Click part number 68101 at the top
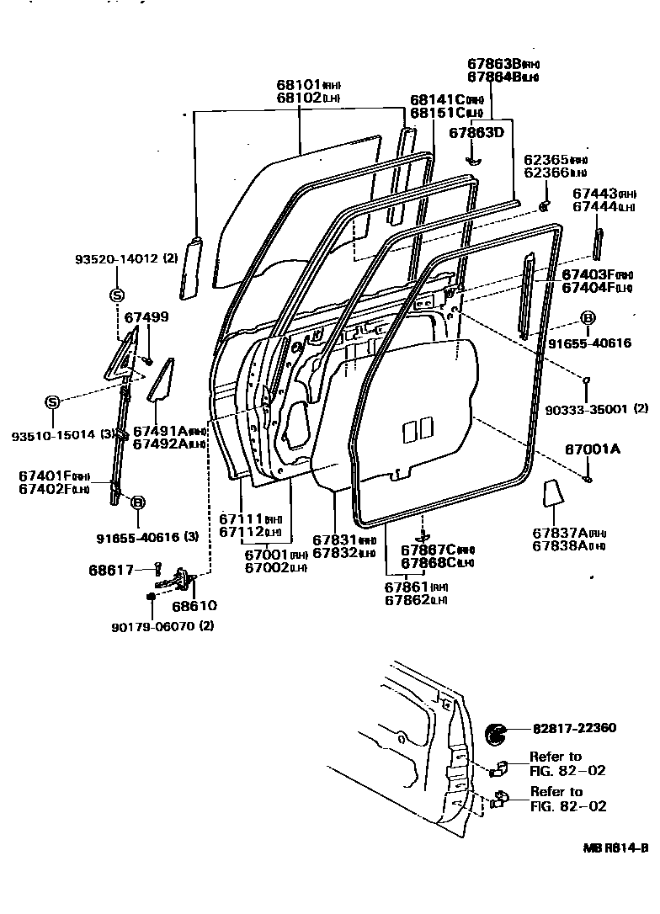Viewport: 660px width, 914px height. pyautogui.click(x=299, y=85)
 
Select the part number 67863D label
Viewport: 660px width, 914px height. pyautogui.click(x=476, y=132)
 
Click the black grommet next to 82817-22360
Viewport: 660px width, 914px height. pyautogui.click(x=498, y=734)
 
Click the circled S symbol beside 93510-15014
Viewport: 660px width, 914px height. pyautogui.click(x=52, y=401)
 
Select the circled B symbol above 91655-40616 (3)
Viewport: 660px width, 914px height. pyautogui.click(x=137, y=502)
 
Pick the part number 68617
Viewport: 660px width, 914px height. pyautogui.click(x=111, y=570)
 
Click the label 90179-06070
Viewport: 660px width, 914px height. pyautogui.click(x=152, y=625)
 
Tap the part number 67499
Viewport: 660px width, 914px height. pyautogui.click(x=146, y=317)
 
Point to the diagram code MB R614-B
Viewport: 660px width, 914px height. pyautogui.click(x=615, y=848)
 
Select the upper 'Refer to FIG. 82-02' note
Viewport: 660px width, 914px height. pyautogui.click(x=567, y=763)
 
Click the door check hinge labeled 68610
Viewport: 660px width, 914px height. pyautogui.click(x=178, y=580)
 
